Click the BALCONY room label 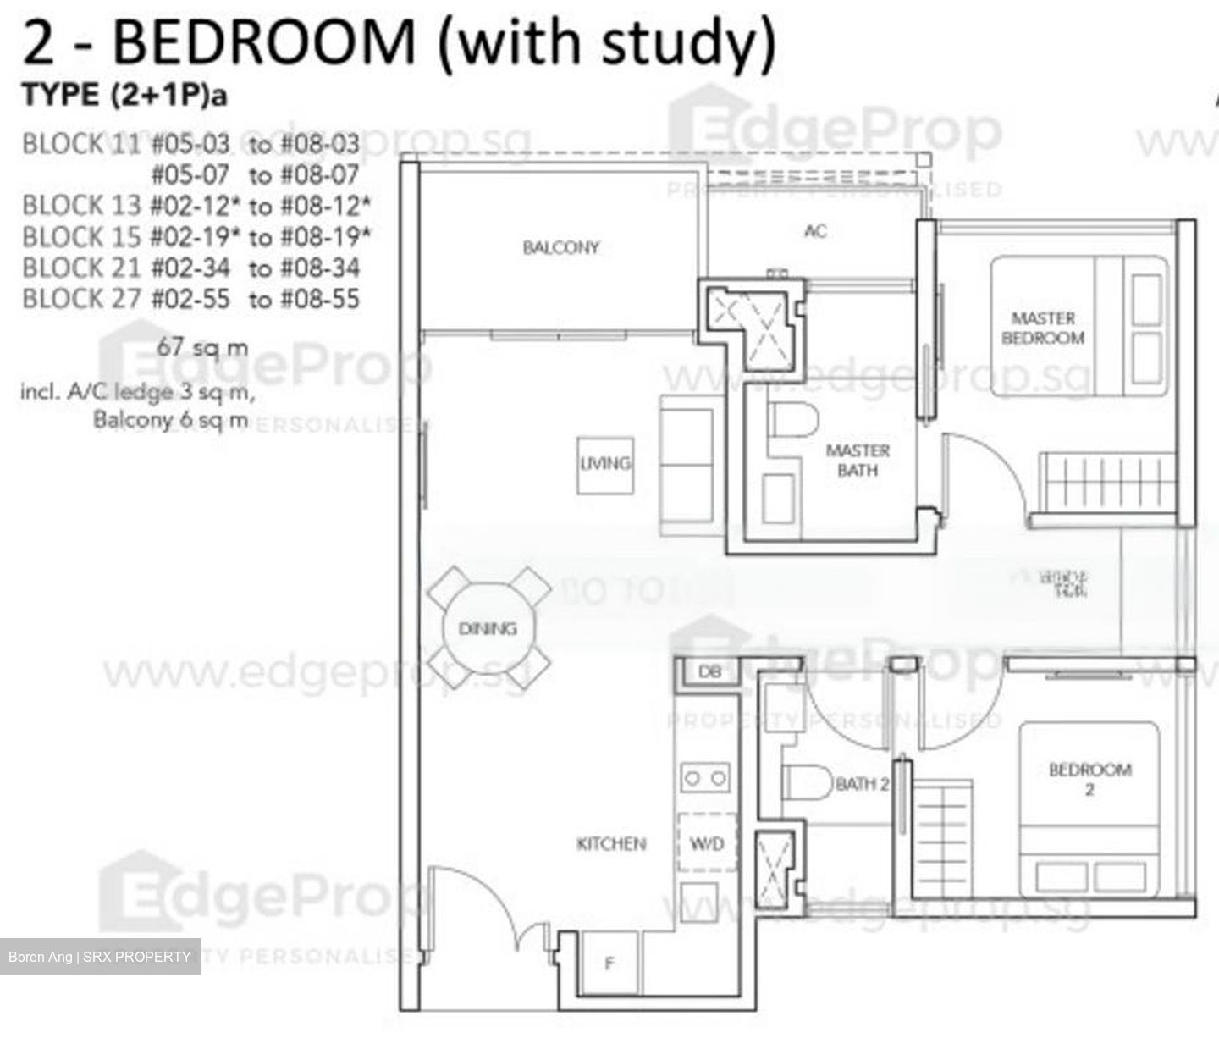(560, 247)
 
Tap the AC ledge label (815, 230)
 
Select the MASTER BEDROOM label (1043, 328)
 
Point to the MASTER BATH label (857, 460)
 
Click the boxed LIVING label (605, 464)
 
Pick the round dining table (488, 628)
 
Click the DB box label (709, 671)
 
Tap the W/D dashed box (707, 843)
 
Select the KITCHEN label (611, 843)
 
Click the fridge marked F (609, 963)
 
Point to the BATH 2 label (862, 784)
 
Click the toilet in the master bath (795, 421)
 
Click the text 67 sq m (203, 347)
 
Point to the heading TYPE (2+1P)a (124, 96)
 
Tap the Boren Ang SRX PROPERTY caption (100, 957)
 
